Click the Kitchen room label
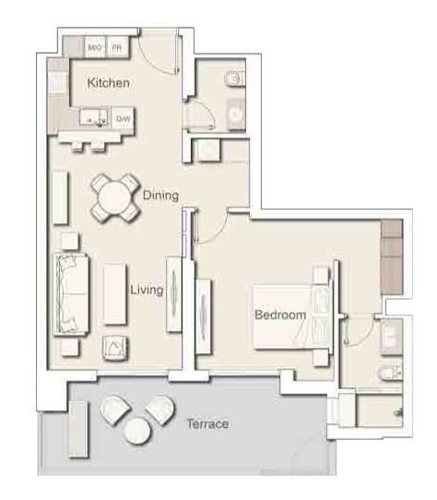(108, 83)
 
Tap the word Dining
(161, 195)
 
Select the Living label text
(146, 290)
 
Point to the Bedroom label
(280, 315)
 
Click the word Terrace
(207, 424)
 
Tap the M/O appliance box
(95, 46)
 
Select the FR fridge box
(118, 46)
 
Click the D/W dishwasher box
(123, 118)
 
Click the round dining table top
(114, 196)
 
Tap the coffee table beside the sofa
(114, 294)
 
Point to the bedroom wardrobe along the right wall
(392, 255)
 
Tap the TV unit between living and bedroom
(172, 292)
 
